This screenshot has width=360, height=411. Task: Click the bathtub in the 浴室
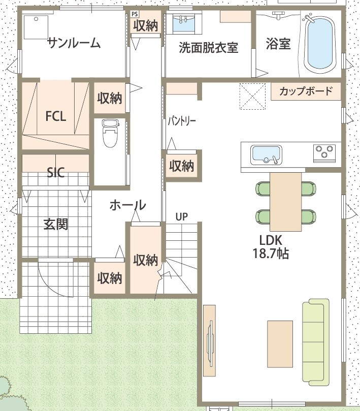tap(321, 45)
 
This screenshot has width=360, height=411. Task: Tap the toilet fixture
tap(110, 133)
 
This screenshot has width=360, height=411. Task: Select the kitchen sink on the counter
tap(266, 154)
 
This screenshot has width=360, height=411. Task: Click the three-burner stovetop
tap(324, 152)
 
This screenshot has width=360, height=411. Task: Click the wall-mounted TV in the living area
tap(210, 341)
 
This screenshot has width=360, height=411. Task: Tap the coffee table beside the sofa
tap(280, 344)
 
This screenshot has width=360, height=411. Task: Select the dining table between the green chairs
tap(285, 202)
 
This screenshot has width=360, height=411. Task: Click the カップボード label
tap(306, 91)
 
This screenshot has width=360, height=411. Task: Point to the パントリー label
tap(182, 121)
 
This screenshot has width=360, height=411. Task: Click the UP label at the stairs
tap(182, 217)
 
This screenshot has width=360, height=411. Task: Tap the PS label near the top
tap(135, 14)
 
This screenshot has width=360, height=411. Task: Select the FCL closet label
tap(55, 116)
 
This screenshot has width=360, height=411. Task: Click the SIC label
tap(55, 172)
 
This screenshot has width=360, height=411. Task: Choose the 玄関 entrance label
tap(56, 224)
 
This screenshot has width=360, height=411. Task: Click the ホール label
tap(127, 205)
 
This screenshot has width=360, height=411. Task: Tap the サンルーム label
tap(74, 43)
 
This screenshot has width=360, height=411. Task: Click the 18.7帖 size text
tap(271, 254)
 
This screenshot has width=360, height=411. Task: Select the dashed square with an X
tap(252, 96)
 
